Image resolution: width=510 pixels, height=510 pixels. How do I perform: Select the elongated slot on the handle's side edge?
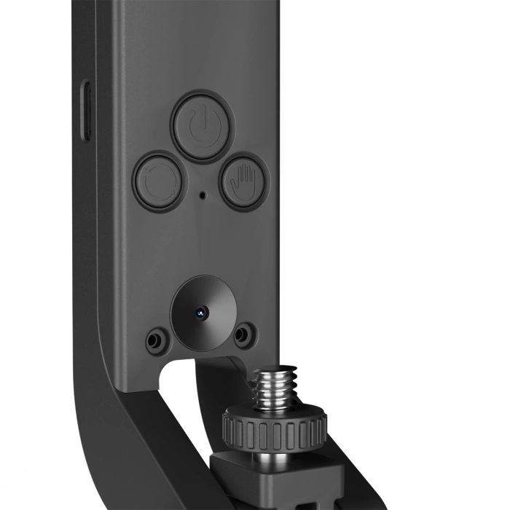[86, 111]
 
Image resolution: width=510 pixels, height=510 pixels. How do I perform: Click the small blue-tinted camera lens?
[198, 312]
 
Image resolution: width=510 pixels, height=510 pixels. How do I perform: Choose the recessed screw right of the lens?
[245, 333]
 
